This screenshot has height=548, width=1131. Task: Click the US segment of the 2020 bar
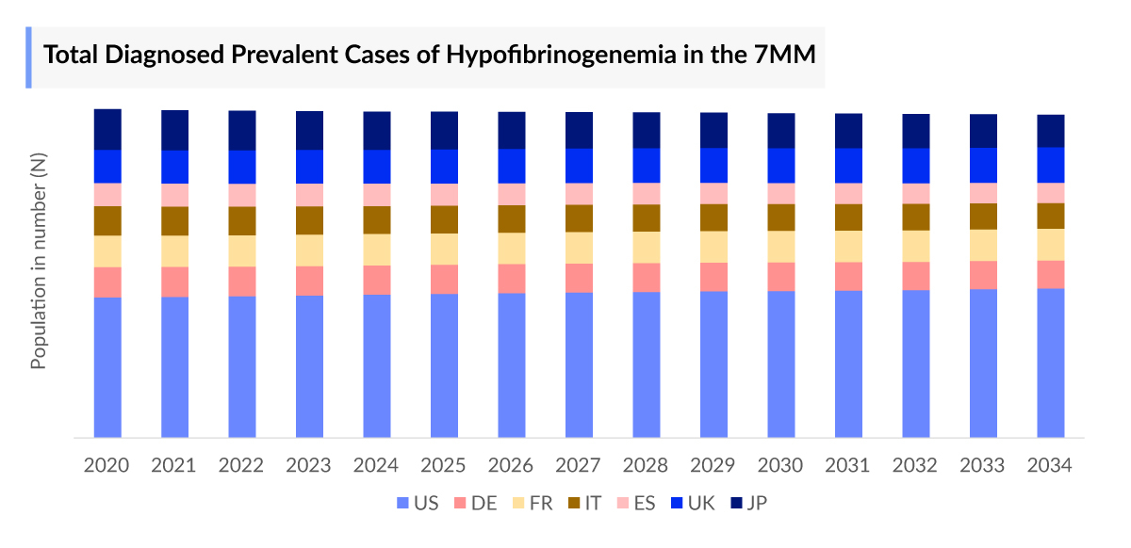[107, 367]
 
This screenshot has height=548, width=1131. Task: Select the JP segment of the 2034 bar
[1051, 131]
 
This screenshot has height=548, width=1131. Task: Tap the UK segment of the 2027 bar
[579, 165]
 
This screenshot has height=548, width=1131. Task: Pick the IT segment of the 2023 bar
[309, 220]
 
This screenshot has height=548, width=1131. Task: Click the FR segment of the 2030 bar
[780, 246]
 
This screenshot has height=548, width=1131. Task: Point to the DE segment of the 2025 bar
[444, 279]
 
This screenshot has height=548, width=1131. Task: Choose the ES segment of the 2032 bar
[915, 193]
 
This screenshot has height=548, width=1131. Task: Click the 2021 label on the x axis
[173, 466]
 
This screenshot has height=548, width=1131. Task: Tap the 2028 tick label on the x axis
[645, 466]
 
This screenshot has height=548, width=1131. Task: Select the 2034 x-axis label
[1050, 466]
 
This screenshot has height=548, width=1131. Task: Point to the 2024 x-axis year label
[376, 466]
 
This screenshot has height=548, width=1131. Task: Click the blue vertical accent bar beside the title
[29, 57]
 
